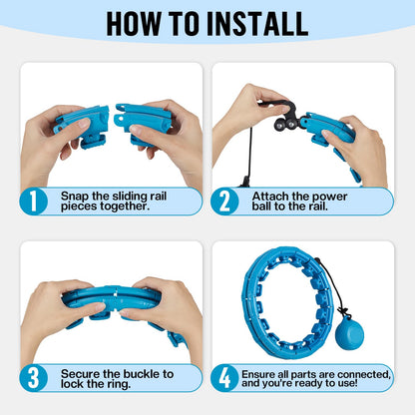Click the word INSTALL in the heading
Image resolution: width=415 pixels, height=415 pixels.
point(257,24)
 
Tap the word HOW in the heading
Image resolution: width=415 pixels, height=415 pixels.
point(133,24)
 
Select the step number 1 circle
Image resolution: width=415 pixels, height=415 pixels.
point(33,202)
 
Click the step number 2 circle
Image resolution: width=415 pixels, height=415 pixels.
point(224,202)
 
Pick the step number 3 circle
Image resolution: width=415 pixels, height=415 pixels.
point(33,378)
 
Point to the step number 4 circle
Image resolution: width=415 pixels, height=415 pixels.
point(224,378)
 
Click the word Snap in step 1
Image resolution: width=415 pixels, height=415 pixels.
point(75,197)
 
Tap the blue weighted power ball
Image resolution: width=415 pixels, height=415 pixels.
point(349,334)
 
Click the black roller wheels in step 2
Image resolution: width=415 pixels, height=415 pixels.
point(286,124)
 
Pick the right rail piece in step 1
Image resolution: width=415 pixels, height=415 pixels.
point(143,123)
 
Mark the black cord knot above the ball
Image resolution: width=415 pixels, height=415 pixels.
point(343,312)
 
